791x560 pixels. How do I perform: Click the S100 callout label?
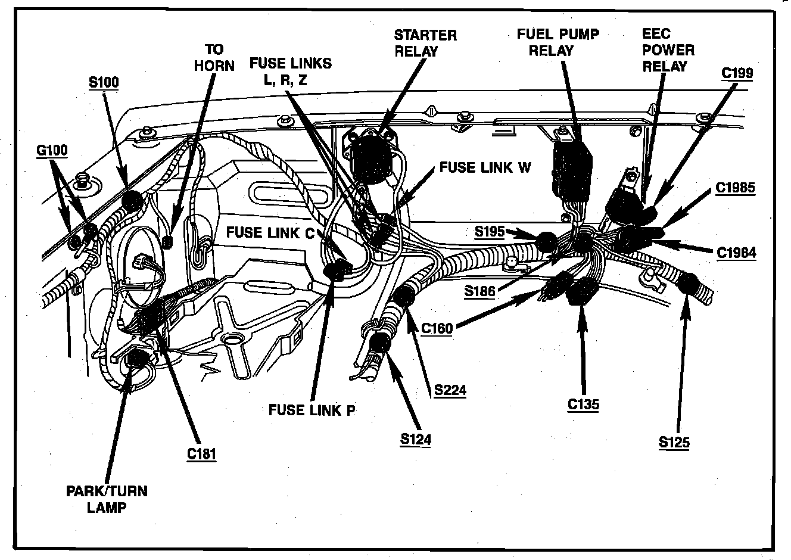tap(104, 82)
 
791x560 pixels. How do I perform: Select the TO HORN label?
tap(214, 57)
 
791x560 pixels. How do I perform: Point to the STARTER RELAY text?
tap(425, 43)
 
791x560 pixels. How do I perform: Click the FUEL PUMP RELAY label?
tap(558, 42)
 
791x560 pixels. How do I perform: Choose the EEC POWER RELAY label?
tap(668, 50)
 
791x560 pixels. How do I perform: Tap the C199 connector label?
tap(737, 73)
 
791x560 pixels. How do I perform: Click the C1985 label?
tap(735, 188)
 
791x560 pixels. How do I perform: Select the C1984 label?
tap(736, 253)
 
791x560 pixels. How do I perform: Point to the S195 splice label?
tap(490, 231)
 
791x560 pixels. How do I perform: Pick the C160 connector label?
tap(437, 328)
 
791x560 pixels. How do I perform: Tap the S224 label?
tap(450, 390)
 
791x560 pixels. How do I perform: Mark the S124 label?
tap(415, 440)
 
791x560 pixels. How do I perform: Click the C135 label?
tap(583, 405)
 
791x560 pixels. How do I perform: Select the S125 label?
tap(674, 442)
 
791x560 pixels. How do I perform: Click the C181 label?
tap(201, 453)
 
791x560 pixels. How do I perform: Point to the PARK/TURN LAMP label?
tap(107, 499)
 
